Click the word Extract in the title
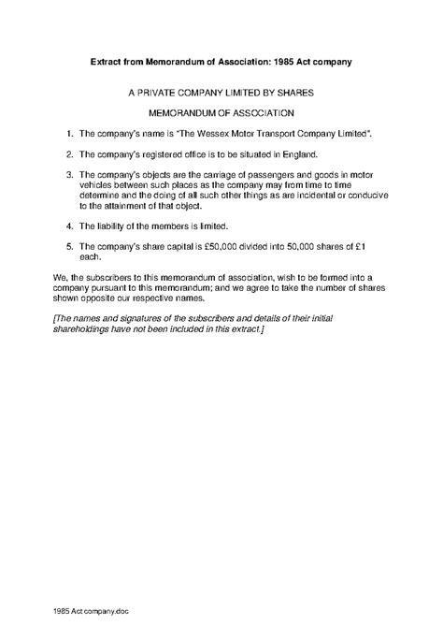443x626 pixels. [108, 61]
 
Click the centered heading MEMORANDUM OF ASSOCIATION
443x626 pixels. [221, 113]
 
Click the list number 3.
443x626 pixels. [70, 174]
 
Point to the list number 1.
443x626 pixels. [70, 135]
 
